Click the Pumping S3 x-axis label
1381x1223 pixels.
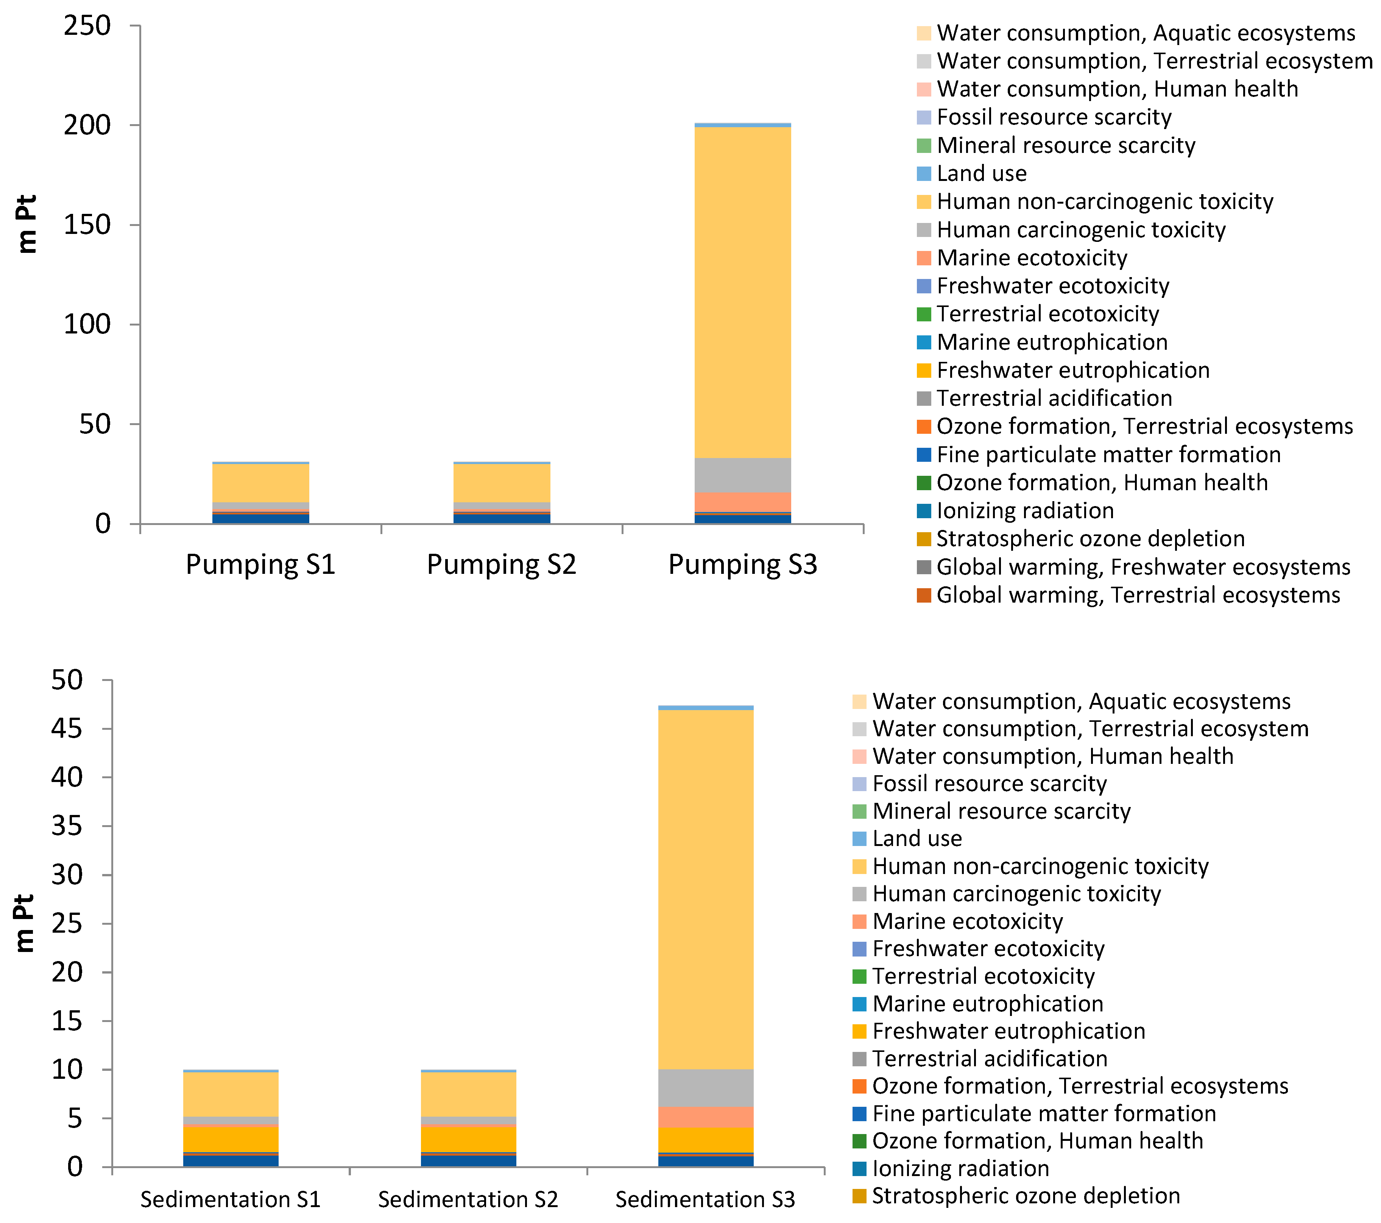click(742, 564)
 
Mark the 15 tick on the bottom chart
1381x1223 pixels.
click(67, 1021)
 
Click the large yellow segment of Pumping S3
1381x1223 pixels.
click(742, 291)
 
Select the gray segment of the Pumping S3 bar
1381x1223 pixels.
click(742, 475)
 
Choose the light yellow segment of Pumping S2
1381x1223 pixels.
click(501, 483)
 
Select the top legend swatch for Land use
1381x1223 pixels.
click(924, 174)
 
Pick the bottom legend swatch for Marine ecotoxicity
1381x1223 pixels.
click(859, 922)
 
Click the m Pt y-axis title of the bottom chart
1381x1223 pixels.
click(24, 923)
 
